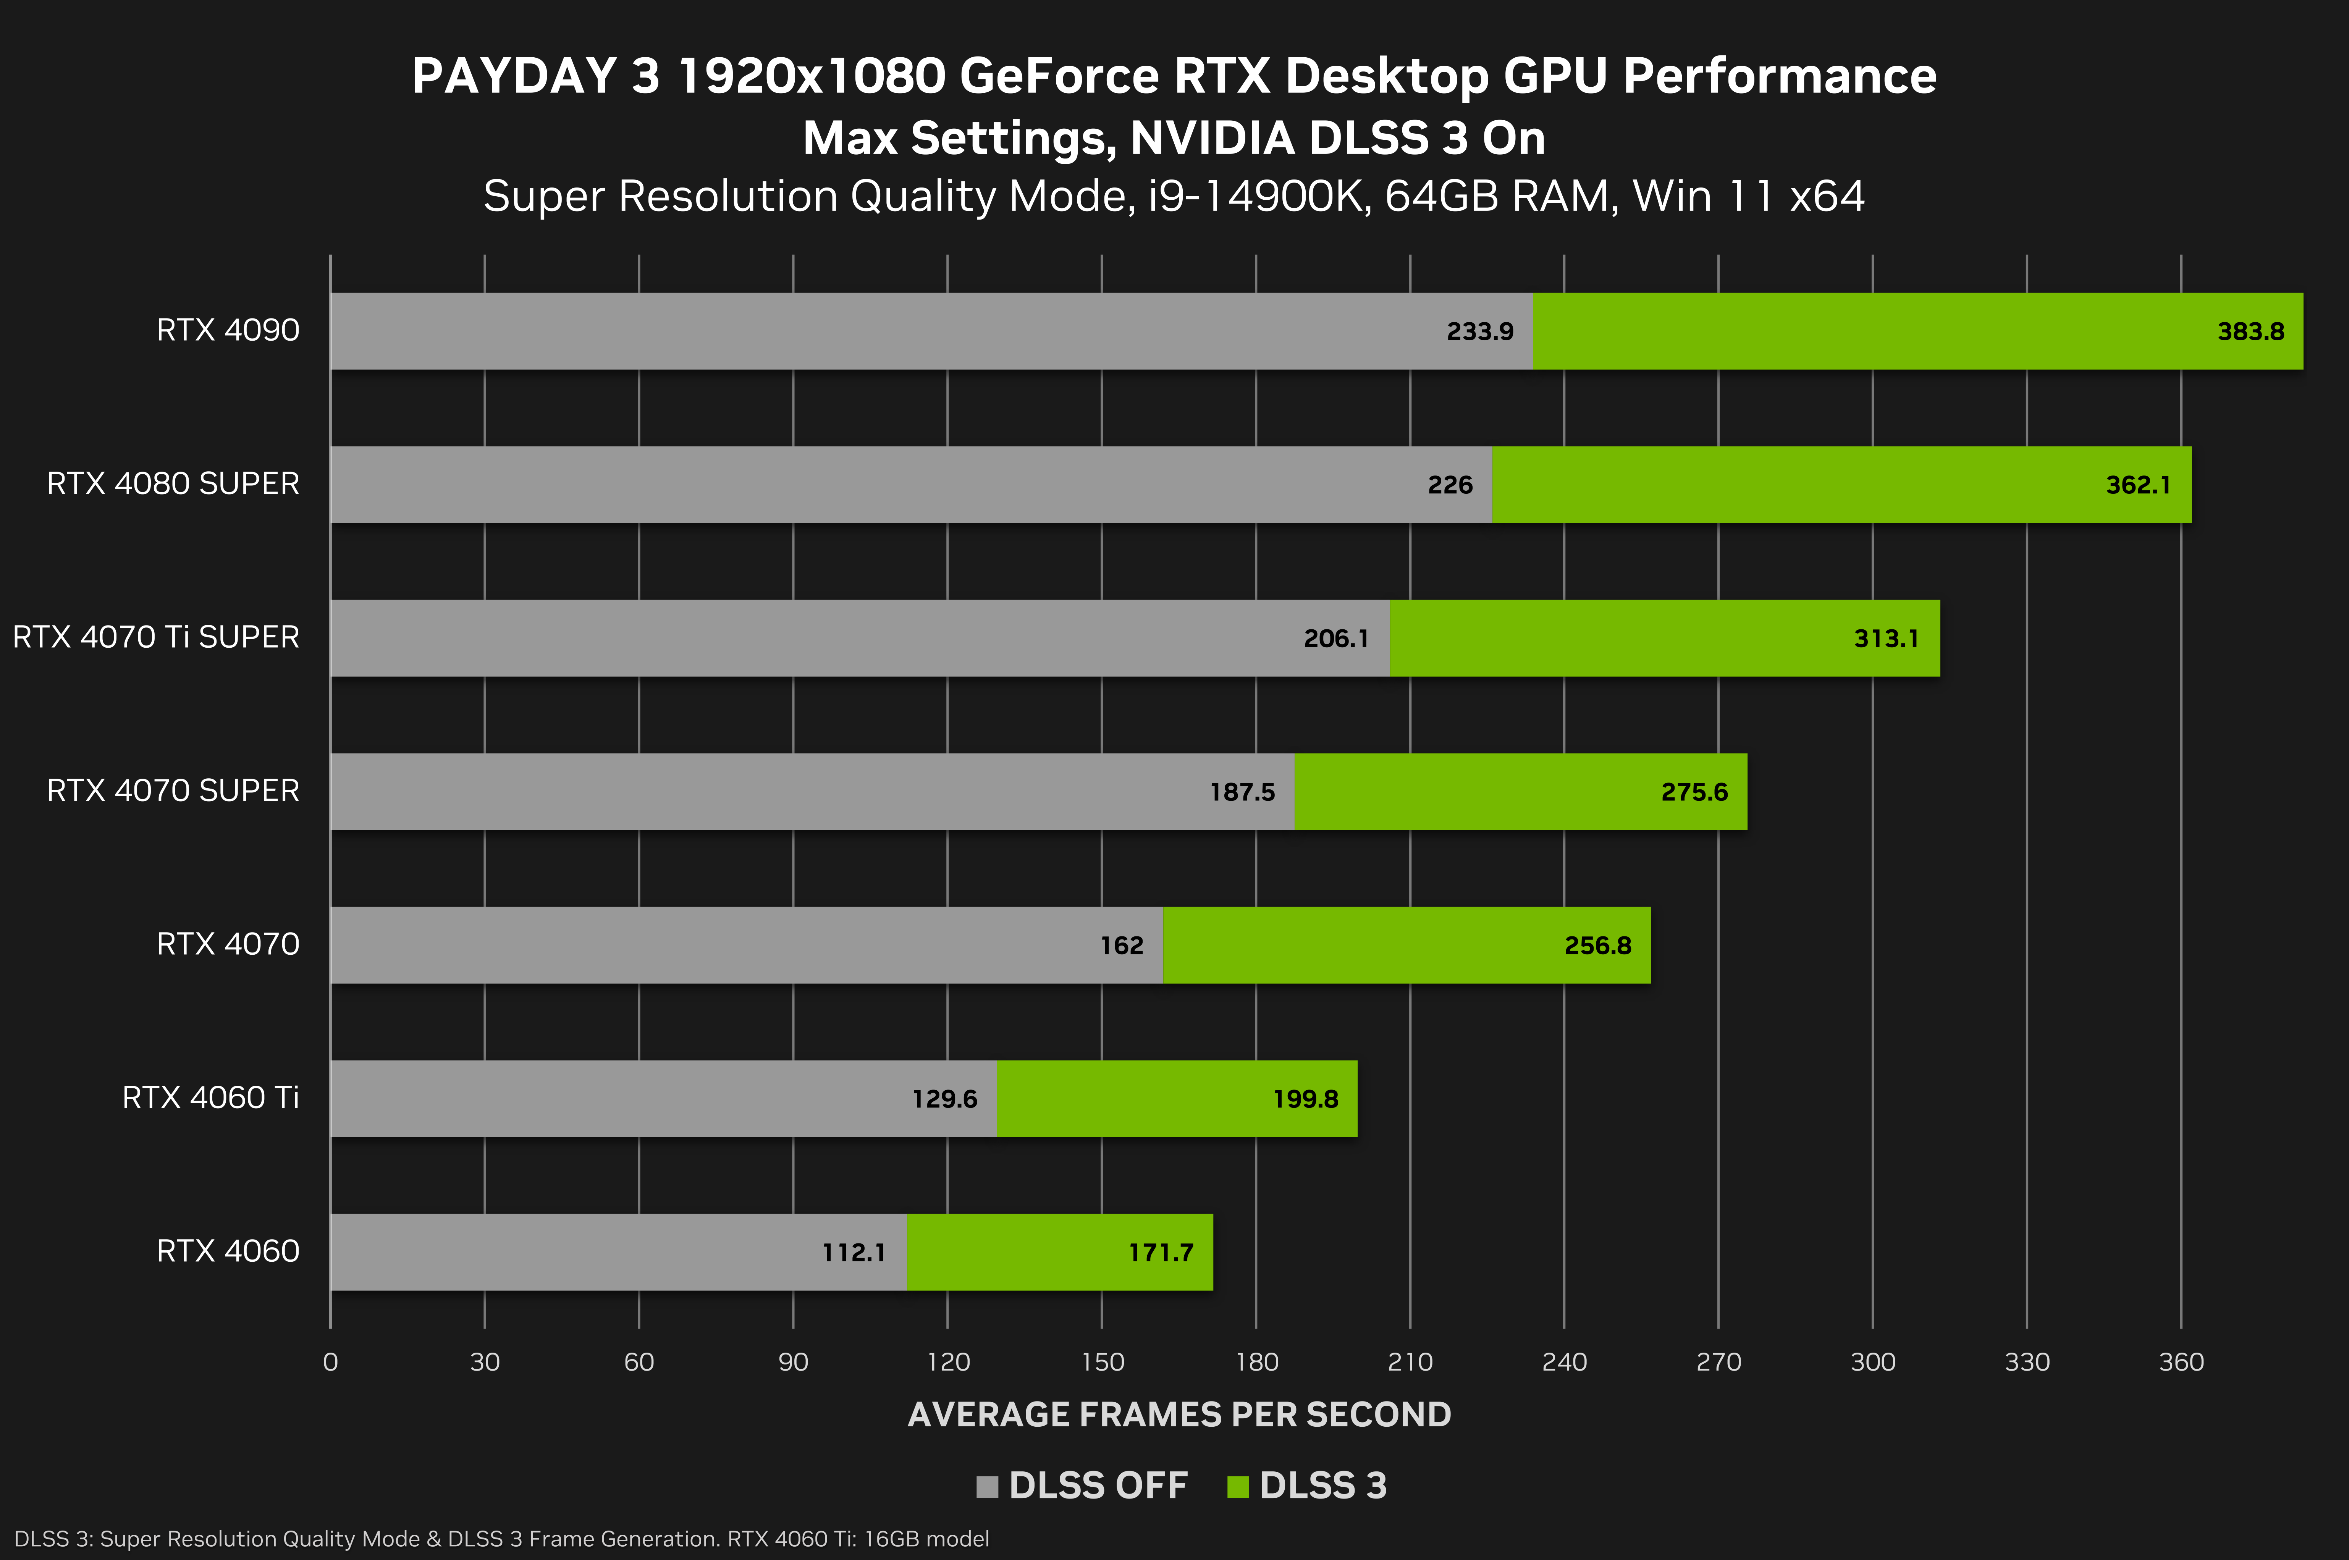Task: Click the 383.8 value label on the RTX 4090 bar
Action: pos(2250,331)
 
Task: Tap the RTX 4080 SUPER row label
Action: pos(173,483)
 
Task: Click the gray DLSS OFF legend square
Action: pos(987,1486)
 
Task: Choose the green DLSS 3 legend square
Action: pos(1238,1486)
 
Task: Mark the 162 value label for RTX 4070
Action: pos(1121,945)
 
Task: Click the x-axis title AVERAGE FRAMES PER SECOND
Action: pos(1179,1414)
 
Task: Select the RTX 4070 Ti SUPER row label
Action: pos(156,637)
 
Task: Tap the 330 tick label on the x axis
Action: pos(2027,1362)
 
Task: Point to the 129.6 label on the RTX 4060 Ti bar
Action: pos(944,1098)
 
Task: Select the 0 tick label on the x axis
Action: pos(330,1362)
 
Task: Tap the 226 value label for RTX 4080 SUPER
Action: pos(1450,485)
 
